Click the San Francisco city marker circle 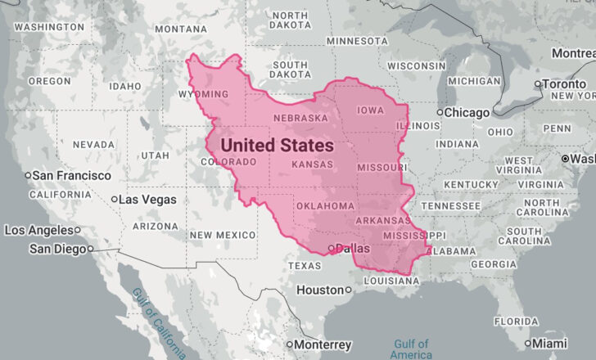click(x=28, y=176)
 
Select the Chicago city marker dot click(x=440, y=112)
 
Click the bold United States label click(x=277, y=146)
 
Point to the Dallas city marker click(x=331, y=248)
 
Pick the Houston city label click(x=320, y=290)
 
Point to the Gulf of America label click(x=411, y=349)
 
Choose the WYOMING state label click(x=202, y=95)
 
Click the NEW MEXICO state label click(x=223, y=236)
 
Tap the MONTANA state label click(x=180, y=29)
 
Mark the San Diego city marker click(x=90, y=249)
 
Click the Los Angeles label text click(x=38, y=231)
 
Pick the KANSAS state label click(x=310, y=165)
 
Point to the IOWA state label click(x=371, y=110)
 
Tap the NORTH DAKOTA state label click(x=290, y=21)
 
